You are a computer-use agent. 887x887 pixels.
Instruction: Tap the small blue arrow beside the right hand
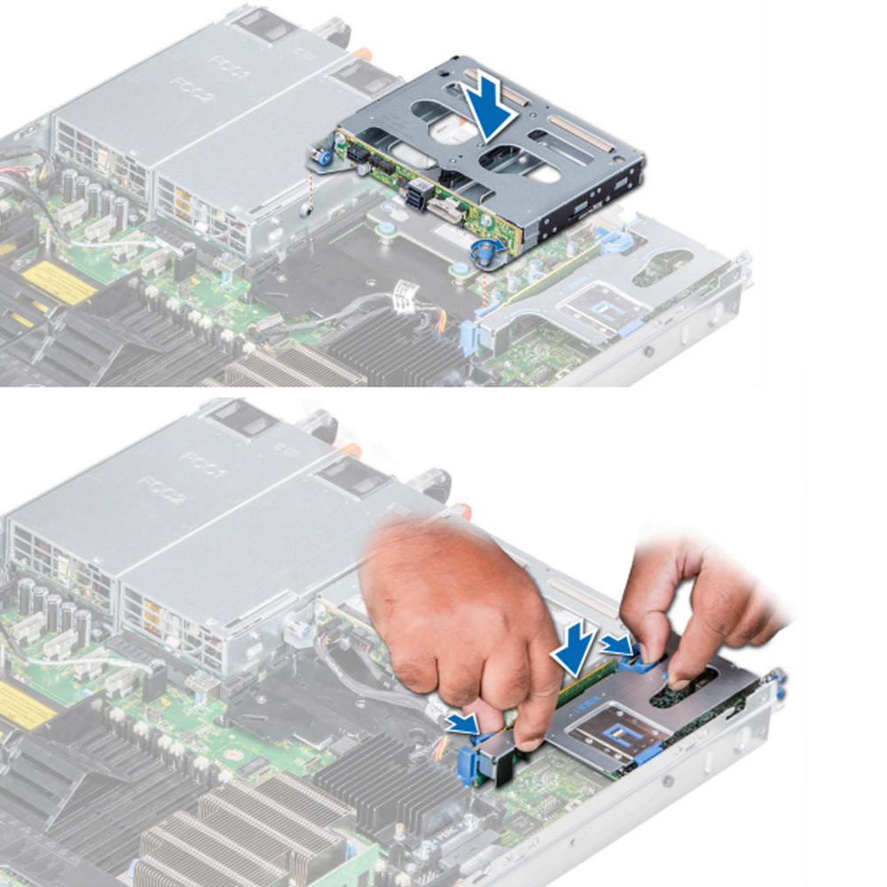616,644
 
